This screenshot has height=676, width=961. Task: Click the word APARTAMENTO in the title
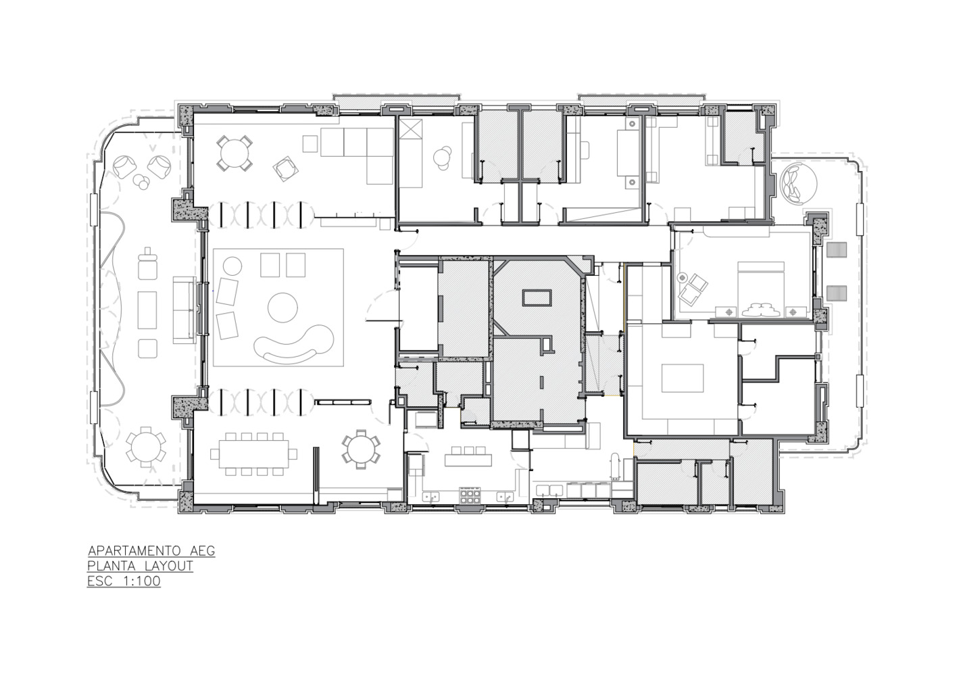point(138,551)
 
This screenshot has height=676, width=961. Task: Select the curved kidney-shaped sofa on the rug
point(294,343)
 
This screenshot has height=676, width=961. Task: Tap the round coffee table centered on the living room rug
point(282,308)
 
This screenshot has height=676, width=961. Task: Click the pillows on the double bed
point(760,310)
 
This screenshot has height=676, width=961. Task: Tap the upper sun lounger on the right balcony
point(837,249)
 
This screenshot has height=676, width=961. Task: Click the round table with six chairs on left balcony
point(146,446)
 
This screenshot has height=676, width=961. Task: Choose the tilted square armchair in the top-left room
point(286,169)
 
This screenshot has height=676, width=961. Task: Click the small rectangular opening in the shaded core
point(537,298)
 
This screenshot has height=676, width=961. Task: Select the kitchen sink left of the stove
point(431,497)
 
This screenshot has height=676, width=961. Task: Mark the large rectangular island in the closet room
point(683,378)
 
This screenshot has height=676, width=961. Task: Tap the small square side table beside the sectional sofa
point(310,144)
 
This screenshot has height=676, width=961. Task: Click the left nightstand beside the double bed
point(727,312)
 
